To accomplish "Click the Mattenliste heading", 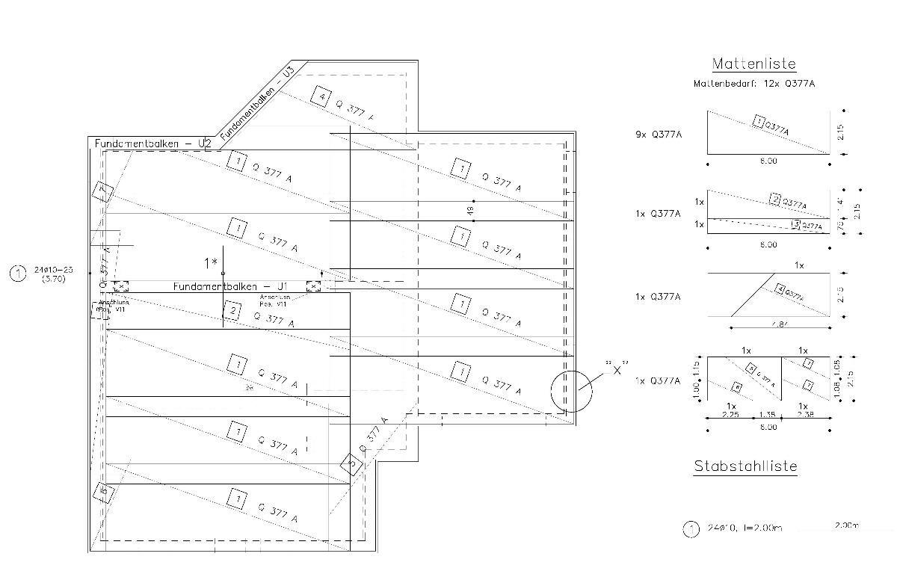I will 753,64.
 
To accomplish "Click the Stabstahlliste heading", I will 745,466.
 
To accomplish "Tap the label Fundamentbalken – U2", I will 153,143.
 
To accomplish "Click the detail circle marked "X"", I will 570,391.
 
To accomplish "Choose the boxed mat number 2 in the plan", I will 232,311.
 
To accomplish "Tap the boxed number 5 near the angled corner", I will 351,464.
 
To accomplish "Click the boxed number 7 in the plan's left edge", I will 104,193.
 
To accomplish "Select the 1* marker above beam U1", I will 210,262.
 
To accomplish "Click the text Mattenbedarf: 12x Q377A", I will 753,84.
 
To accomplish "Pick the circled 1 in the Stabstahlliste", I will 691,529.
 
